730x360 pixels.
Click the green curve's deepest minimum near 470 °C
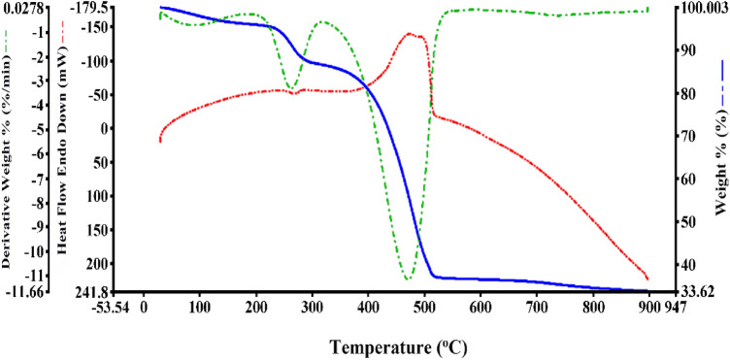(x=409, y=279)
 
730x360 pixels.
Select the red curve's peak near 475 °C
(x=412, y=34)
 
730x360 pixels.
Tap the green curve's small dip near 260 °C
(x=290, y=90)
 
